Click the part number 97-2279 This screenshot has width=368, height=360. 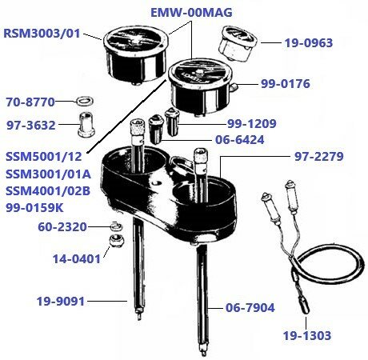319,157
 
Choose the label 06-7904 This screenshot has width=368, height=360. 254,305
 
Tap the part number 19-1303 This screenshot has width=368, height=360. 306,335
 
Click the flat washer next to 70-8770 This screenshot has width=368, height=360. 82,102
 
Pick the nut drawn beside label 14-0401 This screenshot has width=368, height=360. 114,242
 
